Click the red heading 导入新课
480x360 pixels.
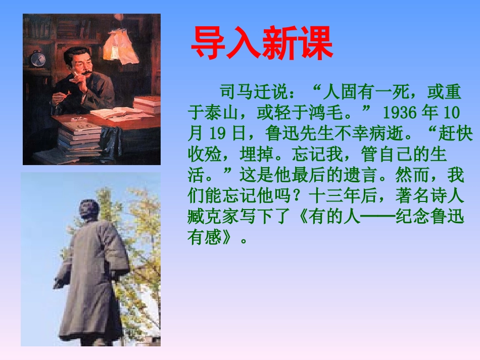(262, 43)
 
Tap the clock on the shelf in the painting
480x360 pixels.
(38, 59)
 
